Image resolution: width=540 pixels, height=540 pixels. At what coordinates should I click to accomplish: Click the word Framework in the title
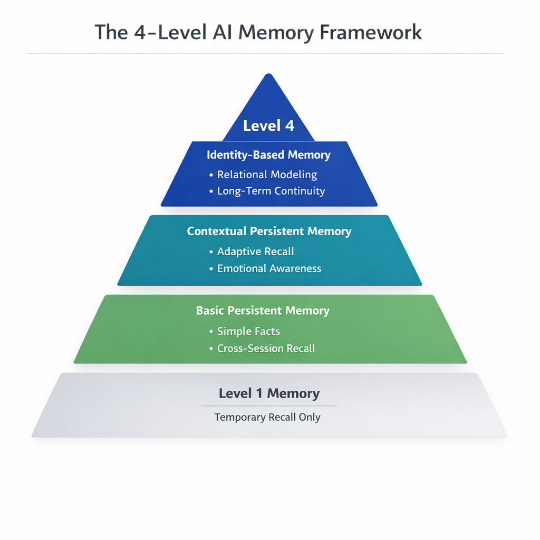click(x=371, y=32)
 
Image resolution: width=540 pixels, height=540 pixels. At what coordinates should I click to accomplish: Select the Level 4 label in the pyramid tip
click(x=268, y=126)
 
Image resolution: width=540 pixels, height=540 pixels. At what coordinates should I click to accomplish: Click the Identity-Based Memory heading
click(x=269, y=155)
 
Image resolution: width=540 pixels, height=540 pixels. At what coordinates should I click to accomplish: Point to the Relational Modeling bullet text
click(x=267, y=174)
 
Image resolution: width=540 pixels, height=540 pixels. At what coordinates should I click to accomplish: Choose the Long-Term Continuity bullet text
click(x=271, y=191)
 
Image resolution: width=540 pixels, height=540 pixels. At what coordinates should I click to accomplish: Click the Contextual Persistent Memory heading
click(x=269, y=231)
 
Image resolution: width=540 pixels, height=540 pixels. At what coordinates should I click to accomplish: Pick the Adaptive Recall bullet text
click(x=256, y=252)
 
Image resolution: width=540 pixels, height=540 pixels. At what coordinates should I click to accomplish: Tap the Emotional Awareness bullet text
click(x=269, y=268)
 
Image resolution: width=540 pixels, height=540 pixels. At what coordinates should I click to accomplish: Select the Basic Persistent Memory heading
click(x=263, y=311)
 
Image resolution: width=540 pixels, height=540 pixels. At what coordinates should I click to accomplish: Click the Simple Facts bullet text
click(x=248, y=331)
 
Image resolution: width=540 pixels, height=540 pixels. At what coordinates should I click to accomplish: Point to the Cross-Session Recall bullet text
click(x=266, y=348)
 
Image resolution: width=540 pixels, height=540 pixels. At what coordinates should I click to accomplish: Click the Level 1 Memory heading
click(x=269, y=393)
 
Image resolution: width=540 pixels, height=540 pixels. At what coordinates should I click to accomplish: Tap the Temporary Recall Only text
click(x=267, y=417)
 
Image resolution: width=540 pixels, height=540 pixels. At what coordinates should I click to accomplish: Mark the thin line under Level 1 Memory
click(x=269, y=406)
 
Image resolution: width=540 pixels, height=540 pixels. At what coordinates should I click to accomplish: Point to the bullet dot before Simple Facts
click(x=211, y=332)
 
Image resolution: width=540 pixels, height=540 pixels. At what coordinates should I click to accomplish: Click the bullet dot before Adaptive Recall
click(x=211, y=252)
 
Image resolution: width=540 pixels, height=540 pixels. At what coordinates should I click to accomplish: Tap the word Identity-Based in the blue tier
click(x=245, y=155)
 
